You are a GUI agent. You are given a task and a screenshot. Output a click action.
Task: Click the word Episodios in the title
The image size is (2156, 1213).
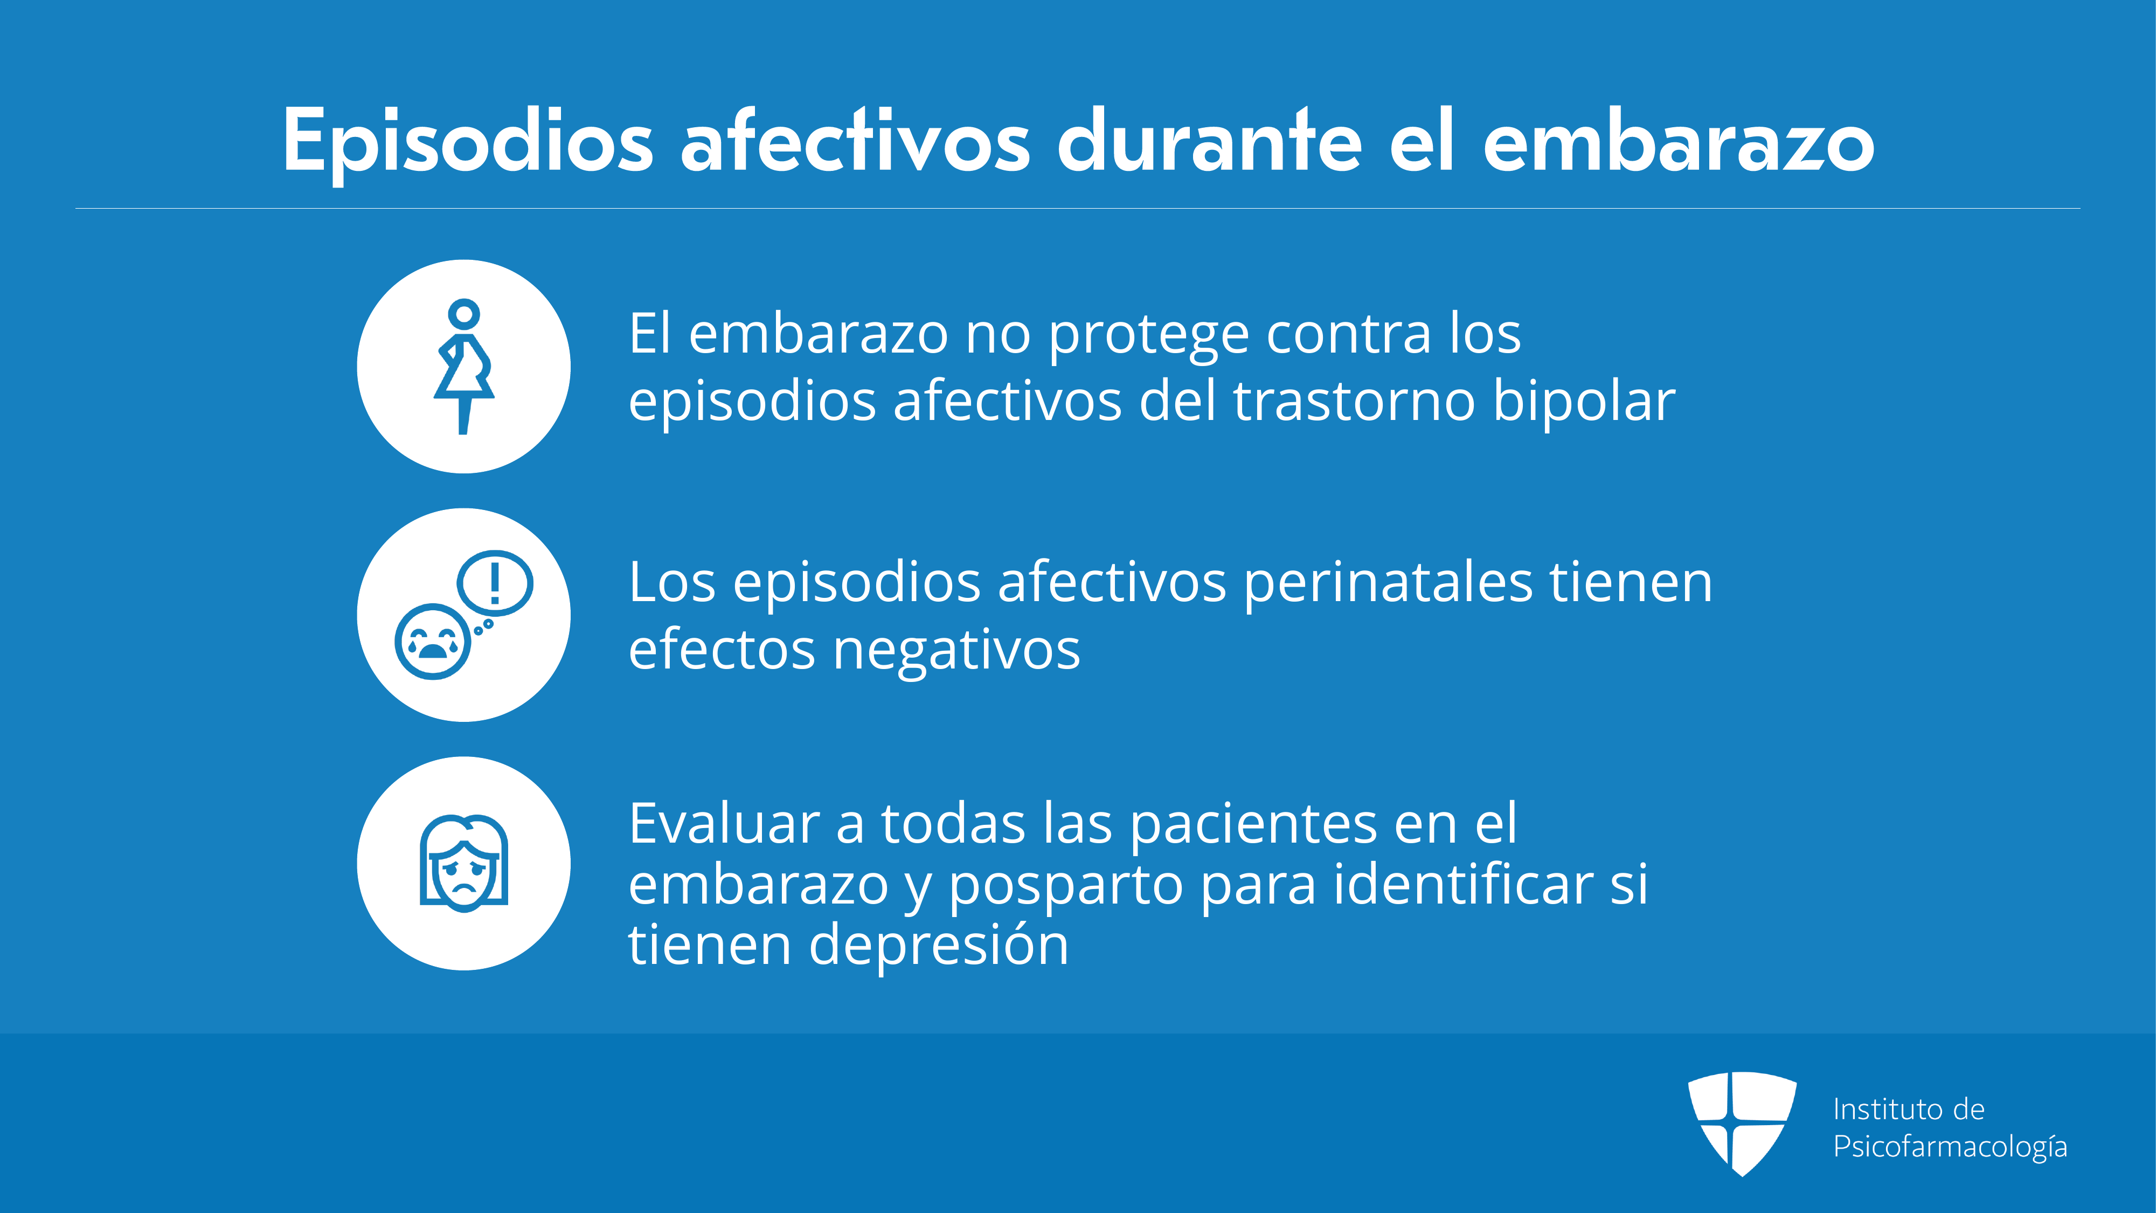468,142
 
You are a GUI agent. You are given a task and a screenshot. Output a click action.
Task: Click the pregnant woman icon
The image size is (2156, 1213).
463,366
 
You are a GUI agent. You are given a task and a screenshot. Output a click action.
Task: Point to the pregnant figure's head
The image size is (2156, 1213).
463,314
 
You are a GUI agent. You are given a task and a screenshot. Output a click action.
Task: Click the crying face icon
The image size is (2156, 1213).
433,641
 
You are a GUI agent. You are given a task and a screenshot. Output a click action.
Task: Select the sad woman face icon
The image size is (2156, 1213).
463,863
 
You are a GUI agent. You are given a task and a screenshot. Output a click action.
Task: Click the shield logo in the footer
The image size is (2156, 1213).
1742,1124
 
